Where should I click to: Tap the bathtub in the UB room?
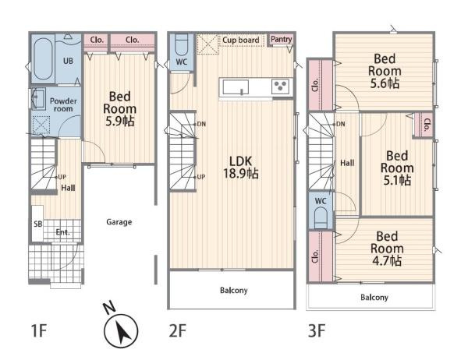coord(43,58)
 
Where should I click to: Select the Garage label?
coord(119,222)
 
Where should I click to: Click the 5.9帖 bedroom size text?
coord(119,121)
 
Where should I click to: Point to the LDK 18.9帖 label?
coord(241,168)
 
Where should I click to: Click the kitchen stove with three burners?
coord(281,86)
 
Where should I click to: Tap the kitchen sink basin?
coord(236,87)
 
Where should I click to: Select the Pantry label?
coord(281,39)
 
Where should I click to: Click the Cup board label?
coord(241,40)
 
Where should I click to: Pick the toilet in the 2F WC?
coord(181,44)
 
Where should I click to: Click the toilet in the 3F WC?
coord(321,217)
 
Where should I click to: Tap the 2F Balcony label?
coord(234,290)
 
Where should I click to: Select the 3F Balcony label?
coord(374,298)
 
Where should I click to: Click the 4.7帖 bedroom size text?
coord(387,261)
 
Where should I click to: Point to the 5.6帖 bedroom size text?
coord(385,83)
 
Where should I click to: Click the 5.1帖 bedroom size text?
coord(397,180)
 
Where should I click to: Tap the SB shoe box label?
coord(38,224)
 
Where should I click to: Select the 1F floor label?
coord(39,330)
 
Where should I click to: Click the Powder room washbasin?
coord(38,97)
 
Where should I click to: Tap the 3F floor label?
coord(317,330)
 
